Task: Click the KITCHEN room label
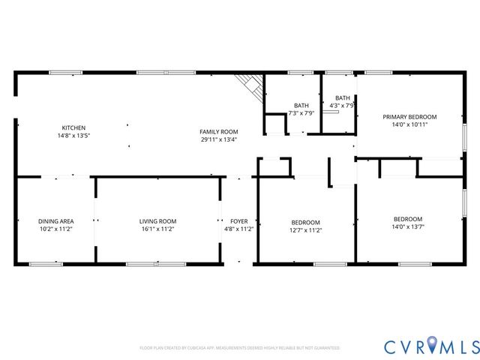(x=73, y=128)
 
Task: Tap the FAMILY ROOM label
(x=219, y=131)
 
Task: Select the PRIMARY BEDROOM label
(x=409, y=117)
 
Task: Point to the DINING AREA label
(x=56, y=221)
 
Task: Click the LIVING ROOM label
(x=157, y=221)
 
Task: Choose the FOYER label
(x=239, y=221)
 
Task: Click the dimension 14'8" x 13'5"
(x=73, y=136)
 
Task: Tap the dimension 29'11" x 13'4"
(x=219, y=139)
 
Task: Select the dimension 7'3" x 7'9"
(x=301, y=113)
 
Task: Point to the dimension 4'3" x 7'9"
(x=342, y=106)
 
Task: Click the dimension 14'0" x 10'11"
(x=409, y=125)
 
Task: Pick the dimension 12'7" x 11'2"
(x=305, y=230)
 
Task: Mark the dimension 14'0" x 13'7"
(x=408, y=227)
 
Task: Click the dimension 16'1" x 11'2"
(x=157, y=229)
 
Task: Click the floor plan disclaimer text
(x=239, y=348)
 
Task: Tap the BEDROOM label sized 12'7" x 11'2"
(x=305, y=222)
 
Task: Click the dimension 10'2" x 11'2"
(x=56, y=229)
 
